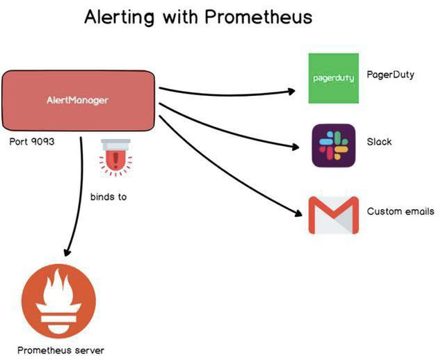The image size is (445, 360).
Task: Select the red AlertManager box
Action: click(77, 100)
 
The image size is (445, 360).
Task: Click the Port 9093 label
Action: click(32, 142)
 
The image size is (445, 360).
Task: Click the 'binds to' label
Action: click(108, 197)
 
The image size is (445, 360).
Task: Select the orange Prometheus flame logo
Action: click(58, 303)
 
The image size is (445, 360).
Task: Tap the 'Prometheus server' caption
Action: click(60, 350)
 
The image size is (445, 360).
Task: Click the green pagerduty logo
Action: click(333, 78)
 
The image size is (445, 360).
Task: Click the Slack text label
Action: click(379, 142)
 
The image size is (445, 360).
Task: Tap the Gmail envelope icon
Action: click(333, 215)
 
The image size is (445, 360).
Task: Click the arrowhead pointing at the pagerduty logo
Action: click(292, 91)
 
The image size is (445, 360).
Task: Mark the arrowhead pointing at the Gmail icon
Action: click(296, 213)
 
